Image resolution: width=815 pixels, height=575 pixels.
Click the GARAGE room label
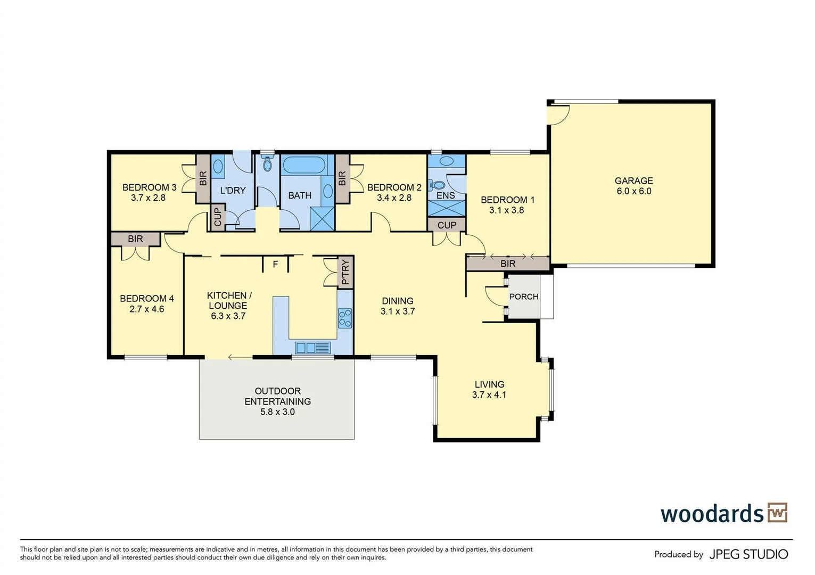pos(633,180)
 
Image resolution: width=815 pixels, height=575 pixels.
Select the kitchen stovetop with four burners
pos(345,318)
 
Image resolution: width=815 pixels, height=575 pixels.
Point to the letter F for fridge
pos(275,264)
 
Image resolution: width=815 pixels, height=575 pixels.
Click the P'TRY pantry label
pos(345,272)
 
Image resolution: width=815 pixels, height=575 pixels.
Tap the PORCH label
pos(524,297)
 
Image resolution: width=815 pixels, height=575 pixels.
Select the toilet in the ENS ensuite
pos(437,185)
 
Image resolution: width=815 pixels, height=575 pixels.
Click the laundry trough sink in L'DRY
pos(218,167)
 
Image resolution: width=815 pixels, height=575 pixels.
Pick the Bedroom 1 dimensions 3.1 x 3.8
pos(506,210)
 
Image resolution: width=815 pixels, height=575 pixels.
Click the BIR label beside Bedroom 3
pos(203,178)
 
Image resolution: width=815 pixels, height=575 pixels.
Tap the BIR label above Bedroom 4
pos(135,239)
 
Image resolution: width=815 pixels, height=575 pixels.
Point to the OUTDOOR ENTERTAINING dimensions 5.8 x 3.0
pos(277,412)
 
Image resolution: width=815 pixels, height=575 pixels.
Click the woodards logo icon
pos(777,512)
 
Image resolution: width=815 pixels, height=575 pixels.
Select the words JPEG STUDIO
pos(748,554)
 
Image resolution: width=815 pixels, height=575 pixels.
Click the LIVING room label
pos(489,384)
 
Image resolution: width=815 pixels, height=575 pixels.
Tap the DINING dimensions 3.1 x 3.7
pos(398,311)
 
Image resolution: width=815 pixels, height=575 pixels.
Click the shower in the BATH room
pos(322,219)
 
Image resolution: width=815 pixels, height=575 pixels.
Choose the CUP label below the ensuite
pos(447,225)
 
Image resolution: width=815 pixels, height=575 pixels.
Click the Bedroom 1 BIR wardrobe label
pos(508,264)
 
